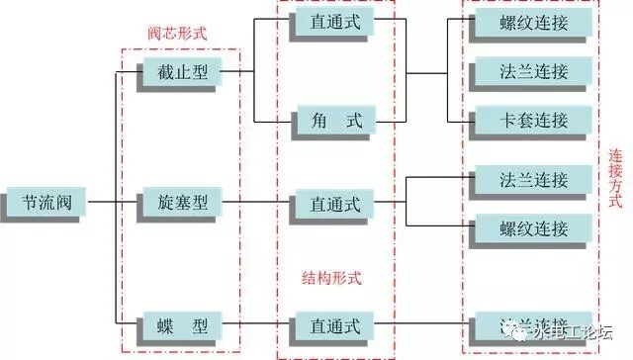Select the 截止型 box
click(x=183, y=71)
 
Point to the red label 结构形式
click(x=331, y=277)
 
